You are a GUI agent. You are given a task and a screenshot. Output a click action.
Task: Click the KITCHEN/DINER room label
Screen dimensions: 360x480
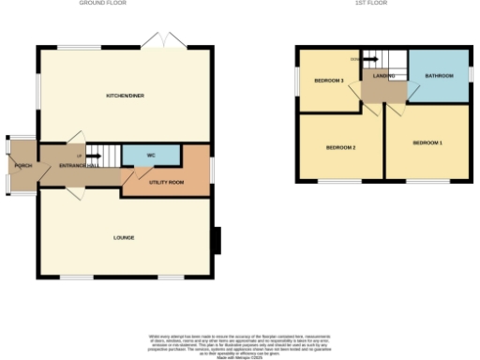[x=125, y=96]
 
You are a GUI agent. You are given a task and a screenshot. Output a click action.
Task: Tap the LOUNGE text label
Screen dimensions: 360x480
[x=124, y=237]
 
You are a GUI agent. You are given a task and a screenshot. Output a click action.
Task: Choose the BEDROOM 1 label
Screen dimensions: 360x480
[x=427, y=142]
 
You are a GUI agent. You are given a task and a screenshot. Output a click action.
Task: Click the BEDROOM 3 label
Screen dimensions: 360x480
[x=329, y=82]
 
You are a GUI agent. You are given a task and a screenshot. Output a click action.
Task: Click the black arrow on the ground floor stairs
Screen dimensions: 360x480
[x=94, y=156]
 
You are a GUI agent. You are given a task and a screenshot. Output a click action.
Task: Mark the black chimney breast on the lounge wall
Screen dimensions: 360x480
[x=217, y=241]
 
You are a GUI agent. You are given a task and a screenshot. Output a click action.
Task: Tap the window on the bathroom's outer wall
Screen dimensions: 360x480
[x=471, y=74]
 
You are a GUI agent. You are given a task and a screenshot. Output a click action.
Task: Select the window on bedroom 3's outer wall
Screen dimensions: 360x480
[x=296, y=80]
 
